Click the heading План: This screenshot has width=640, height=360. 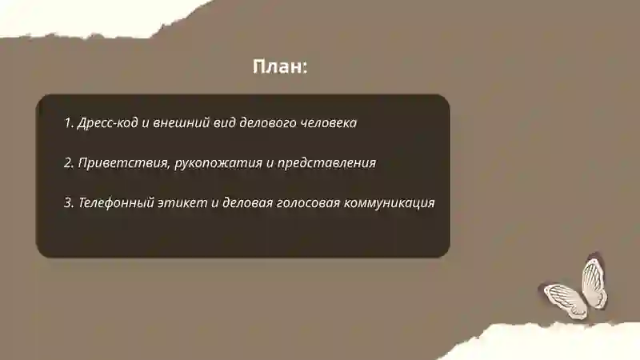pos(280,67)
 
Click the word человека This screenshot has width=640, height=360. pos(328,123)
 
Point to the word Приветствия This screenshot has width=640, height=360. pos(123,163)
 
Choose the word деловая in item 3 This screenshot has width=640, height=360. pos(247,202)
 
